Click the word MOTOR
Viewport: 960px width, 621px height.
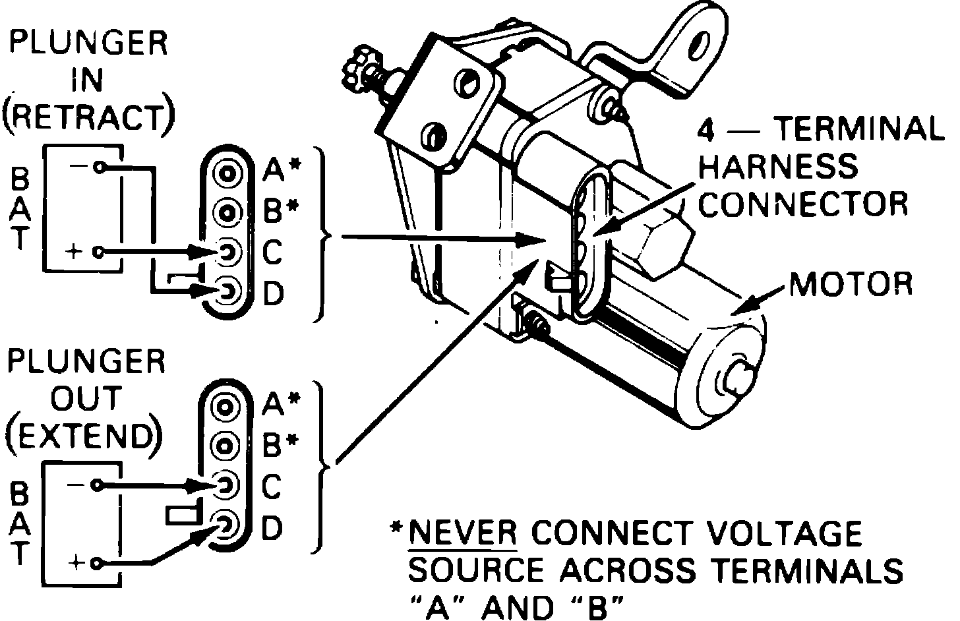pyautogui.click(x=851, y=284)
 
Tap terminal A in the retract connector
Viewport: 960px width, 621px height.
pyautogui.click(x=227, y=173)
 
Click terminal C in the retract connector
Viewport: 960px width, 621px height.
pyautogui.click(x=227, y=252)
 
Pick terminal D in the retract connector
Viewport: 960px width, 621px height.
pyautogui.click(x=227, y=291)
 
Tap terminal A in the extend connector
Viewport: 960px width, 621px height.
pyautogui.click(x=225, y=407)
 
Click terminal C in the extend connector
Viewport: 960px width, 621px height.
pyautogui.click(x=225, y=485)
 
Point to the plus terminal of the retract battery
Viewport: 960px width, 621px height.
pyautogui.click(x=99, y=252)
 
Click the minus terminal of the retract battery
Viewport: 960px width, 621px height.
pyautogui.click(x=99, y=167)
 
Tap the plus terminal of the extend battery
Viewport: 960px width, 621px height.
pyautogui.click(x=98, y=563)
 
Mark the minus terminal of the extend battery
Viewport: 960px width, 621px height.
pyautogui.click(x=98, y=485)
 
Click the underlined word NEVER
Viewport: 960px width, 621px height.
pyautogui.click(x=463, y=534)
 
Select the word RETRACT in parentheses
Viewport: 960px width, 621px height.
pyautogui.click(x=88, y=118)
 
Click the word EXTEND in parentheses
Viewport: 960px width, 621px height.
pyautogui.click(x=85, y=436)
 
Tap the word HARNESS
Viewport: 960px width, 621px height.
pyautogui.click(x=778, y=167)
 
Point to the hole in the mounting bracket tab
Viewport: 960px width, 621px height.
pyautogui.click(x=699, y=51)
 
